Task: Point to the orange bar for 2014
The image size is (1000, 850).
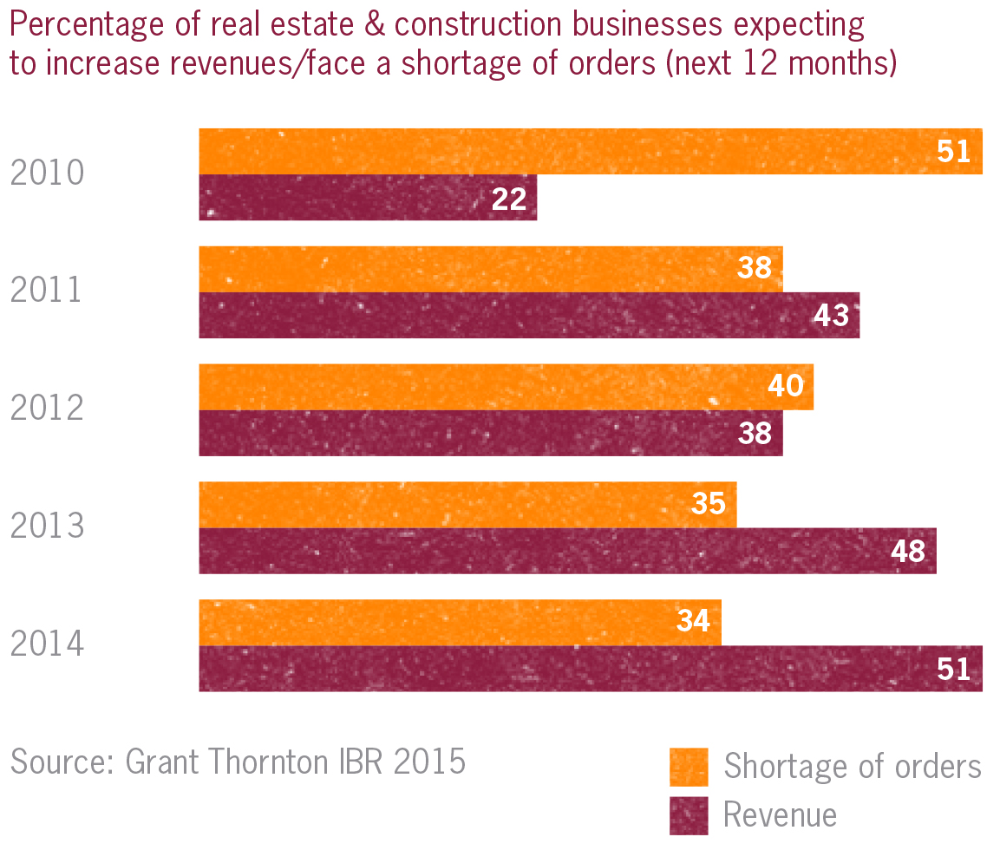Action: (x=460, y=622)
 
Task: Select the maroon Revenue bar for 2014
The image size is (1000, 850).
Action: (x=590, y=669)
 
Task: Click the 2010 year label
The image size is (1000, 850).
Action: (x=47, y=173)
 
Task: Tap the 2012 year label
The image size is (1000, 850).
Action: (x=47, y=409)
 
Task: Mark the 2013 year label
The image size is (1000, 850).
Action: (x=47, y=526)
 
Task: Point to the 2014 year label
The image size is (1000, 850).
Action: (x=47, y=644)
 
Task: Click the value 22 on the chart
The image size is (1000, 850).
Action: (x=509, y=199)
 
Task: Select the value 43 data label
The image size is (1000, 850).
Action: (x=831, y=316)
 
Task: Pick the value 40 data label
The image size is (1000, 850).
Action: (x=786, y=386)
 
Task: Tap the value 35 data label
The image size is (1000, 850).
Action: (x=709, y=504)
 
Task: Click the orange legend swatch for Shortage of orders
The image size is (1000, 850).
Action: (x=689, y=766)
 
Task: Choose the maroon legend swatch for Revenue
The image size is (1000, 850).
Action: (x=689, y=814)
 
